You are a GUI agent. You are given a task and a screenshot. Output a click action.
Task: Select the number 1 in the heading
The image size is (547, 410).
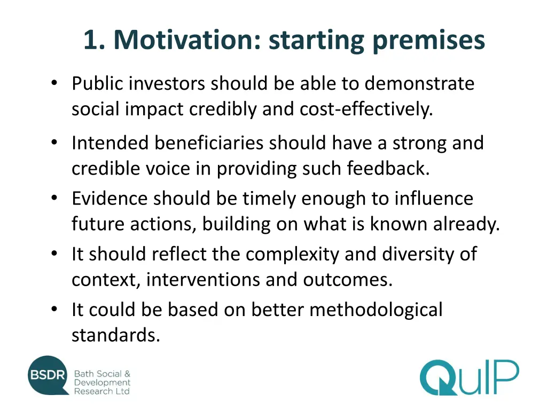pyautogui.click(x=91, y=40)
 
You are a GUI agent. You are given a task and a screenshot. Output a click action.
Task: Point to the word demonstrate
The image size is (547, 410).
pyautogui.click(x=419, y=84)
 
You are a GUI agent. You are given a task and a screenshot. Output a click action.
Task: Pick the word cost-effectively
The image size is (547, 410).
pyautogui.click(x=366, y=109)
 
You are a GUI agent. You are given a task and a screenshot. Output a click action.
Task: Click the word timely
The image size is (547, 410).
pyautogui.click(x=269, y=199)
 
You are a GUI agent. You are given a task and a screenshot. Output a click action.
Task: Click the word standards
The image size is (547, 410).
pyautogui.click(x=115, y=335)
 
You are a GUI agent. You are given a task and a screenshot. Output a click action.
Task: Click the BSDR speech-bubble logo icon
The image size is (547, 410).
pyautogui.click(x=48, y=375)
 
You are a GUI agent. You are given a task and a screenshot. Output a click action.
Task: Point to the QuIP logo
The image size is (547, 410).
pyautogui.click(x=468, y=378)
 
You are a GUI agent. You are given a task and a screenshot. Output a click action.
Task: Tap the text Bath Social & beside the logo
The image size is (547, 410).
pyautogui.click(x=102, y=374)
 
